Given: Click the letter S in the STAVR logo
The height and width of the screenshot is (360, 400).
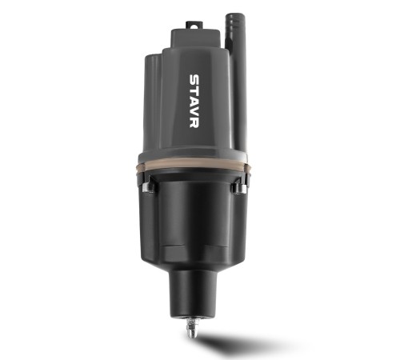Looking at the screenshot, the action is click(x=194, y=80).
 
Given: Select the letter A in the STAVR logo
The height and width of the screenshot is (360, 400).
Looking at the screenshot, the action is click(x=194, y=101).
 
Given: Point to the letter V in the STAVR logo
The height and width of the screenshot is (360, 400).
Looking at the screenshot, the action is click(x=194, y=112).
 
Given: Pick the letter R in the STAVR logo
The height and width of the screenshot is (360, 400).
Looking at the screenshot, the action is click(x=194, y=122).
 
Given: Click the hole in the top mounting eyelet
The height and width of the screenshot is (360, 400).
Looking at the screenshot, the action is click(x=194, y=26).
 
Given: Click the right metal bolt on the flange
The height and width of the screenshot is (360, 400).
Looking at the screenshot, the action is click(x=239, y=187).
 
